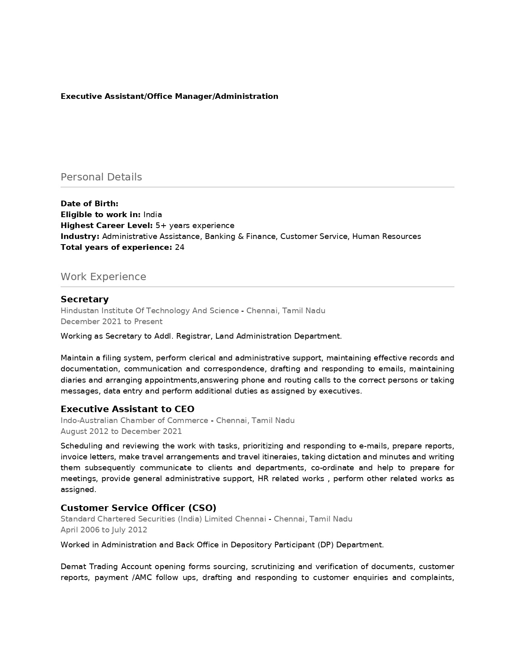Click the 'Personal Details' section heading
[101, 177]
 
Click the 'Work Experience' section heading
[103, 277]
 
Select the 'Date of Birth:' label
[89, 204]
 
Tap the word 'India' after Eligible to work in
[153, 215]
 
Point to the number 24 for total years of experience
[180, 247]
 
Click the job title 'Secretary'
[84, 299]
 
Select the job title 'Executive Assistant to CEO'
[127, 409]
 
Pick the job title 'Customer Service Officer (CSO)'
[138, 508]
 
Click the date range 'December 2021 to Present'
[111, 322]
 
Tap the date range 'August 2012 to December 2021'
[121, 431]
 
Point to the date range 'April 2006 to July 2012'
[104, 530]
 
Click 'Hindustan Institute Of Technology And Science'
[149, 311]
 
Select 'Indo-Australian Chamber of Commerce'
[134, 421]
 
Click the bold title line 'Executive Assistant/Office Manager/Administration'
[169, 96]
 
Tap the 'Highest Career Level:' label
[107, 226]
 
